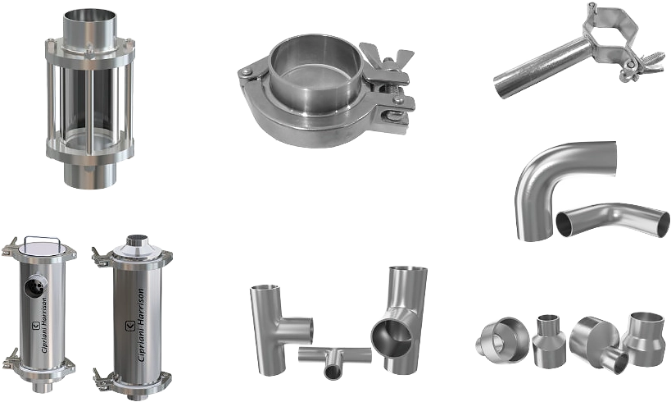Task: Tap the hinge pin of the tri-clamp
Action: coord(246,72)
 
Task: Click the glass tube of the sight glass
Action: coord(90,102)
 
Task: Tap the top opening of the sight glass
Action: coord(90,15)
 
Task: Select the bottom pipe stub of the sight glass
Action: coord(90,175)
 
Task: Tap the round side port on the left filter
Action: coord(35,286)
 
